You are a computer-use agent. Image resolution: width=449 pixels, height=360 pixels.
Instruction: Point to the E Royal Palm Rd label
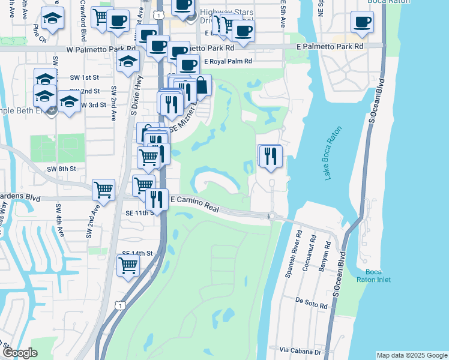[x=228, y=61]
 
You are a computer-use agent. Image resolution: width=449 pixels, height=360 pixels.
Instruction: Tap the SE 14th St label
[x=137, y=254]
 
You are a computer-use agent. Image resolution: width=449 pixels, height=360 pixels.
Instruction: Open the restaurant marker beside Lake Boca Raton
[x=270, y=156]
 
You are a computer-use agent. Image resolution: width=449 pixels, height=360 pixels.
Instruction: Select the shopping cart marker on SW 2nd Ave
[x=103, y=190]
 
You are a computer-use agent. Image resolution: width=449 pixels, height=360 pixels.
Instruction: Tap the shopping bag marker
[x=201, y=86]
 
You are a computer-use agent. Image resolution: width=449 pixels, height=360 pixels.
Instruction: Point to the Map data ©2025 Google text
[x=412, y=355]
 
